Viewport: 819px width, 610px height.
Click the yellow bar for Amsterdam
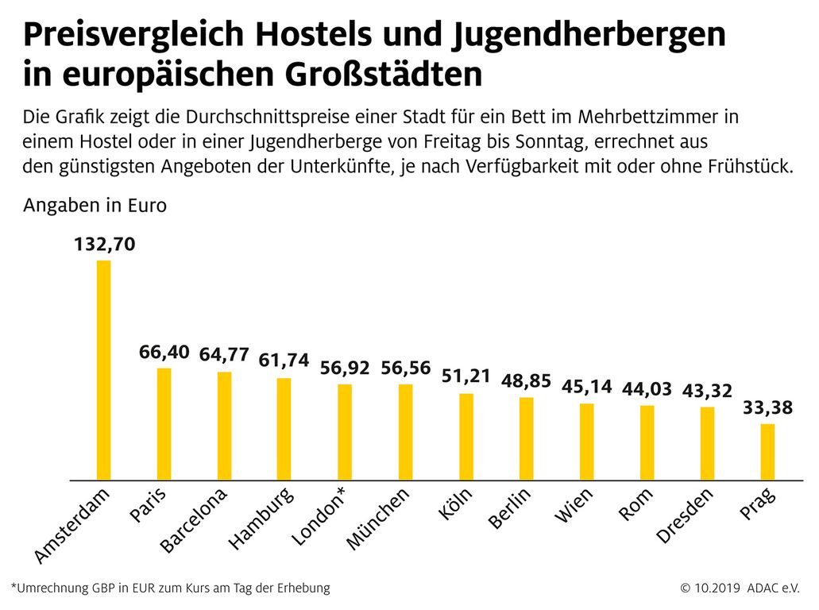[x=103, y=370]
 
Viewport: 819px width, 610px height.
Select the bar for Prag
[x=767, y=452]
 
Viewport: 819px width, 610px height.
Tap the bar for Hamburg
[x=284, y=429]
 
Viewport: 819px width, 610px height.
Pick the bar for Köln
[x=466, y=437]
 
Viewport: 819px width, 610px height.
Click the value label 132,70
[x=104, y=245]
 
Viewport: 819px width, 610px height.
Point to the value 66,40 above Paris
[x=164, y=352]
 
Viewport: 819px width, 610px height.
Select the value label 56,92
[x=346, y=368]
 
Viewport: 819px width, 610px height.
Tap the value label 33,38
[x=768, y=409]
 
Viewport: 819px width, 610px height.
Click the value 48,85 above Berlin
[x=527, y=381]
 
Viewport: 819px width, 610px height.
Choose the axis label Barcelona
[x=193, y=519]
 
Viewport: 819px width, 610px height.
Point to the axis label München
[x=378, y=519]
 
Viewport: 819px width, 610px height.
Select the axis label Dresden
[x=685, y=516]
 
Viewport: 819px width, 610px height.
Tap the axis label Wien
[x=574, y=506]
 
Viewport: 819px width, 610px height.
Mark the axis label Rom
[x=635, y=504]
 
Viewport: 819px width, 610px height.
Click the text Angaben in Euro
[x=95, y=206]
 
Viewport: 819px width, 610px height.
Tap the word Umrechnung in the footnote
[x=50, y=589]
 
